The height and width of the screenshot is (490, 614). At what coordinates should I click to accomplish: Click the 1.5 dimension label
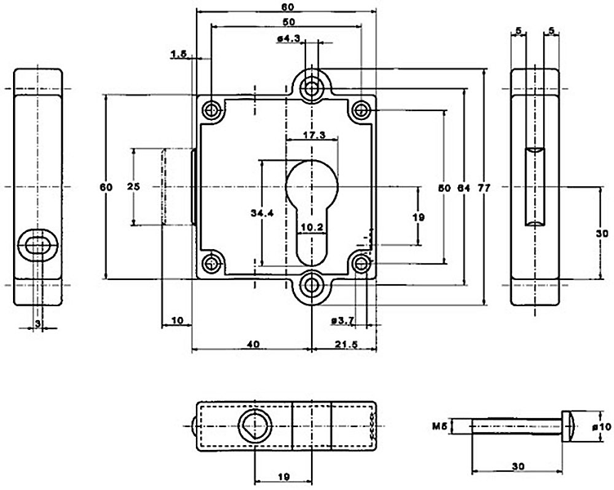(180, 55)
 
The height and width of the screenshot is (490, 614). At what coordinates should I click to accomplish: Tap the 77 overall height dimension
(483, 187)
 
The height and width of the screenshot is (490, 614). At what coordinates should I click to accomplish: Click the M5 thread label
(438, 426)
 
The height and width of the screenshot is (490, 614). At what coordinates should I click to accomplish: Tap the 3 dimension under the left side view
(37, 324)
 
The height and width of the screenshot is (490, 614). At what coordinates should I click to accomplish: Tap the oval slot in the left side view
(38, 243)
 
